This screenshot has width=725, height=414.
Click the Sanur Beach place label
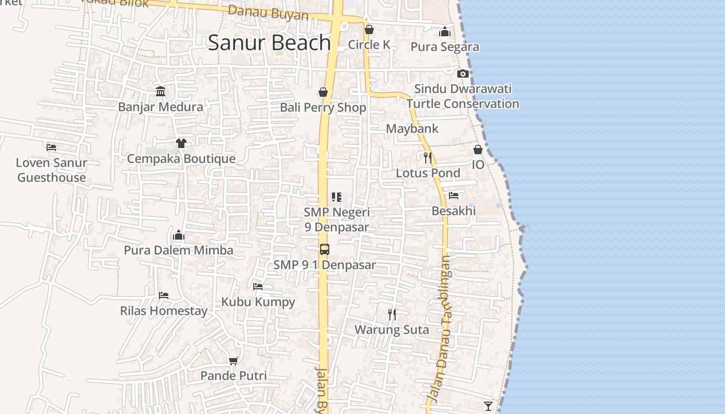269,42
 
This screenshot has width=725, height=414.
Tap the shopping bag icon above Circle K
369,29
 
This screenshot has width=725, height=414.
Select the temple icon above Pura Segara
445,32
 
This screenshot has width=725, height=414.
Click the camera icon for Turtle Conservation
463,73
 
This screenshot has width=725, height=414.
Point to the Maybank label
412,128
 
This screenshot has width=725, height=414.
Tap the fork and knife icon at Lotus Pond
428,157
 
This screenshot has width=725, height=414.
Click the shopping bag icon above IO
478,150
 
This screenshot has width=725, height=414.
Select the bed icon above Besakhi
454,196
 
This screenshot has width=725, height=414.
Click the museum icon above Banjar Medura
161,92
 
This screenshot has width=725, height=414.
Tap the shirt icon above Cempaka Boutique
181,143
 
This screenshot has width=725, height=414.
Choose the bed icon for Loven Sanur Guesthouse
51,147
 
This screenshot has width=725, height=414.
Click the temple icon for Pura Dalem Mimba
179,235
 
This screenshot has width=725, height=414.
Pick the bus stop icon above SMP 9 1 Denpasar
325,249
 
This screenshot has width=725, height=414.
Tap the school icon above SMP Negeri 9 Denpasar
337,197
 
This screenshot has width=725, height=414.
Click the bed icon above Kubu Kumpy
258,286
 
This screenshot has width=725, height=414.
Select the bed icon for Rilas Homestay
164,295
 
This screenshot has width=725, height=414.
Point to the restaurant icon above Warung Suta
392,314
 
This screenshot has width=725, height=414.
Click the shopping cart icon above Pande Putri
234,360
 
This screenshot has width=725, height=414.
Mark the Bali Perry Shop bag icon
323,92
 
